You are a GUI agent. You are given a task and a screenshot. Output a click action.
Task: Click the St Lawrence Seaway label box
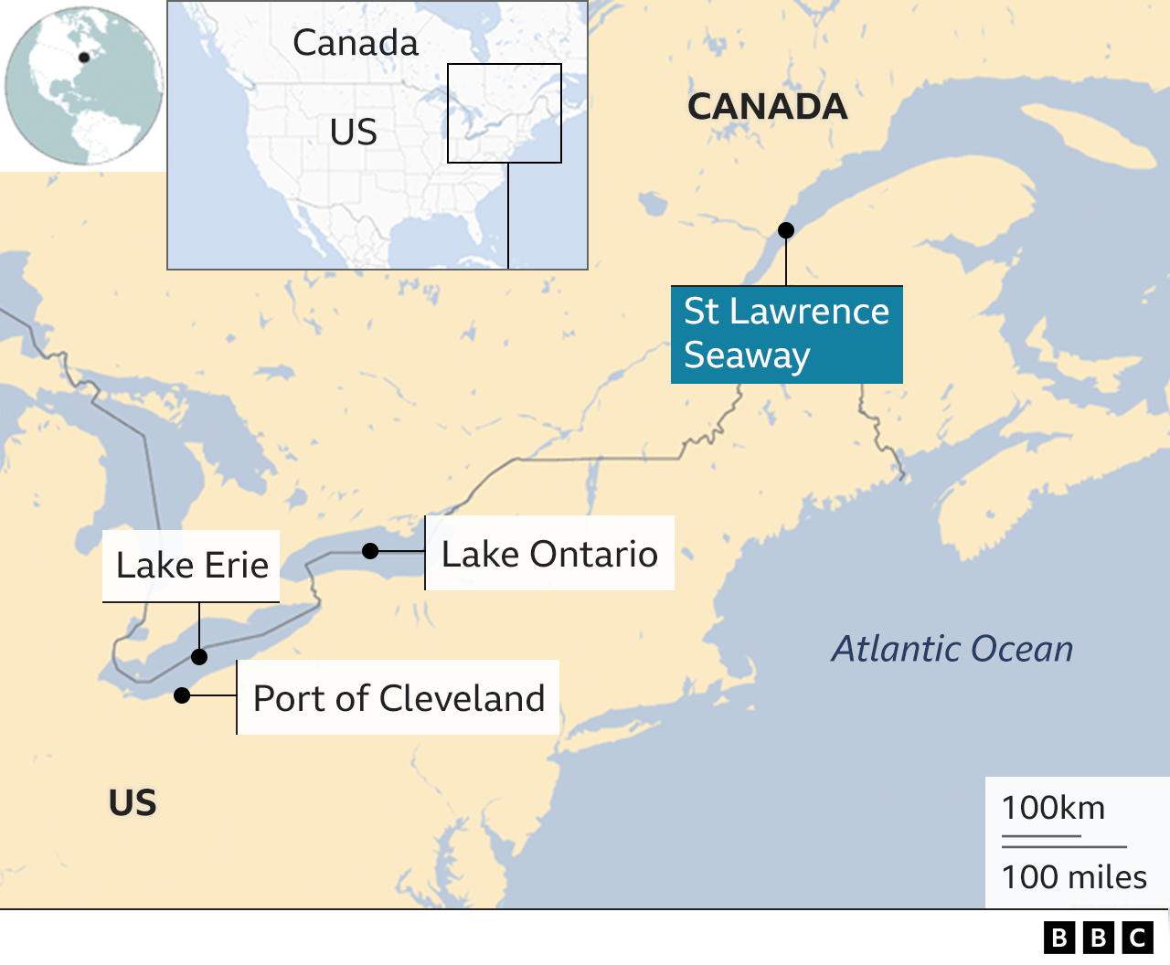pos(786,334)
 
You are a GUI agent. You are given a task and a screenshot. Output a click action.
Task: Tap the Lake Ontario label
pos(549,554)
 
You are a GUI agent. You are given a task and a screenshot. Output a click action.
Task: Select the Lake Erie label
pos(192,566)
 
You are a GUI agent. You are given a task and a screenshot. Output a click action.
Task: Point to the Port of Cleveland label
pos(399,698)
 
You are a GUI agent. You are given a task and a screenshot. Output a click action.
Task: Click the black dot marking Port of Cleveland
pos(182,695)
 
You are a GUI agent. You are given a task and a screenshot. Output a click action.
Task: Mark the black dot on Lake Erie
pos(199,656)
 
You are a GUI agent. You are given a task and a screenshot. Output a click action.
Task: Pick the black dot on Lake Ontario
pos(370,551)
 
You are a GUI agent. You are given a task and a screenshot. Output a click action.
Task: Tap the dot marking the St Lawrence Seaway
pos(786,230)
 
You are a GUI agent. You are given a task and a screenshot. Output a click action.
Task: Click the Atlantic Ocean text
pos(952,649)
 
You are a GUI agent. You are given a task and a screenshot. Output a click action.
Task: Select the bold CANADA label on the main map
pos(767,107)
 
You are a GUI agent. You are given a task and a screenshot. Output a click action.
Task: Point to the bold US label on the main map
pos(133,803)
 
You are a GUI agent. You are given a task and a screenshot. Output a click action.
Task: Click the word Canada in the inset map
pos(356,43)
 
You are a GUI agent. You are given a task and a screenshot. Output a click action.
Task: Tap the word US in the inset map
pos(354,133)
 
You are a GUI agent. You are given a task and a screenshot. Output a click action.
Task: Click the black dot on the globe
pos(84,58)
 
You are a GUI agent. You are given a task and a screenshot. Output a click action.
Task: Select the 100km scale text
pos(1053,808)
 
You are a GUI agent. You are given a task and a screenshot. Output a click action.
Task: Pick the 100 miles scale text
pos(1074,877)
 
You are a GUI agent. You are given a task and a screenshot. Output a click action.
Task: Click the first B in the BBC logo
pos(1059,938)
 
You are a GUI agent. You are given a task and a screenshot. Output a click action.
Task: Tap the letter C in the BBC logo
pos(1138,938)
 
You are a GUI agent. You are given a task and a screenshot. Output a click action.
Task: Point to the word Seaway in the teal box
pos(747,355)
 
